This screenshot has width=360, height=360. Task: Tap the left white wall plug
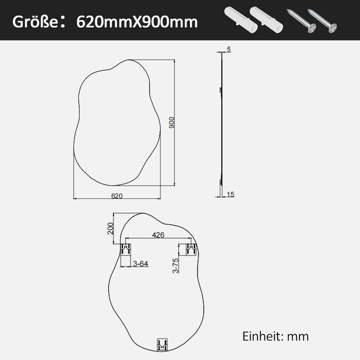pyautogui.click(x=236, y=19)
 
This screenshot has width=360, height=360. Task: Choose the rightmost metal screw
pyautogui.click(x=322, y=20)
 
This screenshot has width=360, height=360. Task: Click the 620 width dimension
pyautogui.click(x=117, y=195)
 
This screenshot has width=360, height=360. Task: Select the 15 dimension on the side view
pyautogui.click(x=230, y=194)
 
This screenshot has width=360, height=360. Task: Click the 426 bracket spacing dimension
pyautogui.click(x=159, y=236)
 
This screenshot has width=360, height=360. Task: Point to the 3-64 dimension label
pyautogui.click(x=140, y=264)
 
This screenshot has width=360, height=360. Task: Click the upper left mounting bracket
pyautogui.click(x=125, y=250)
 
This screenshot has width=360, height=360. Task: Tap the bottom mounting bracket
pyautogui.click(x=163, y=345)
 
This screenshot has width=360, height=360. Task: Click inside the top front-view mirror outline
pyautogui.click(x=118, y=123)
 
